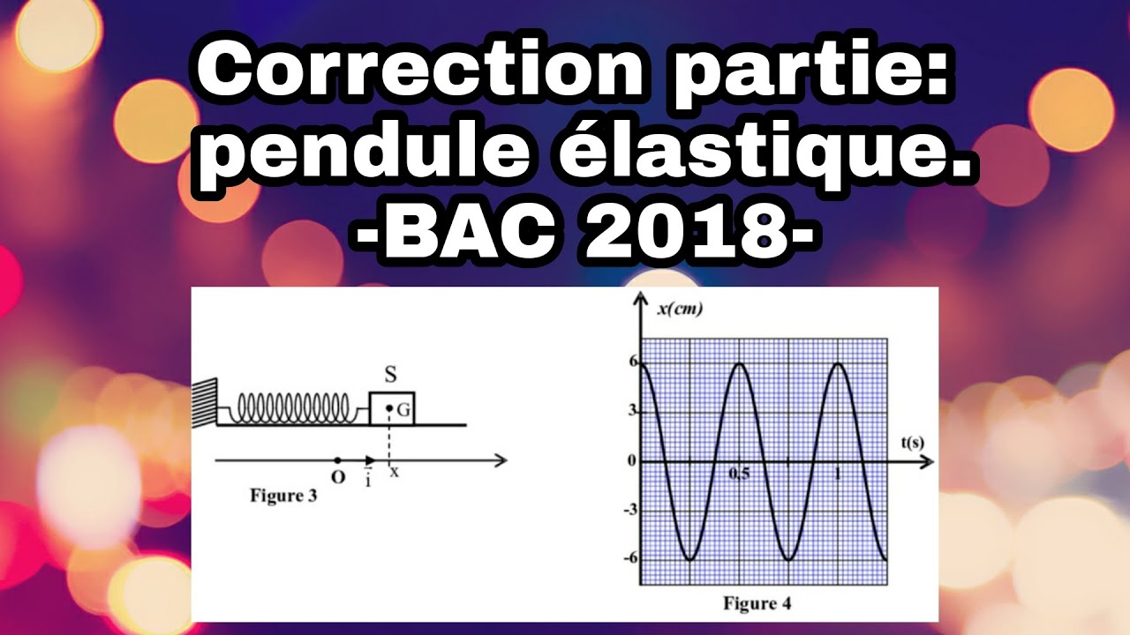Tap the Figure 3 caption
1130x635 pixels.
pos(283,496)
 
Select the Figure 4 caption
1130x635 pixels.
pos(757,604)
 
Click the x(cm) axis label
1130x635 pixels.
pos(680,308)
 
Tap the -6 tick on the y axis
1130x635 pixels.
pos(629,557)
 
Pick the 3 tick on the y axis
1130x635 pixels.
pos(632,411)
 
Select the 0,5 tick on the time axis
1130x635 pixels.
pos(738,474)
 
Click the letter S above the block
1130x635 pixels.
pos(389,374)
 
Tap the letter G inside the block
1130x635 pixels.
pos(403,409)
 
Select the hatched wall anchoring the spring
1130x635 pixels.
pos(203,401)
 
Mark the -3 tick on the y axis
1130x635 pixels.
pos(629,510)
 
